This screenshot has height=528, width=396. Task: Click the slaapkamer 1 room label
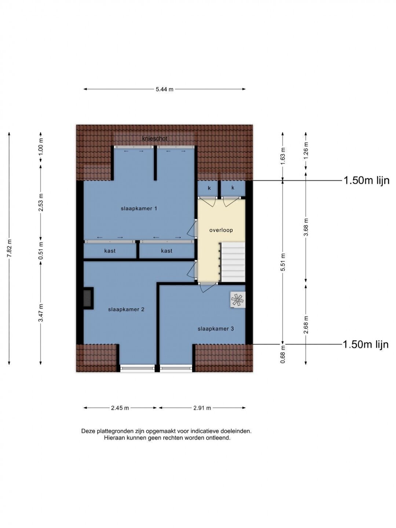tap(139, 209)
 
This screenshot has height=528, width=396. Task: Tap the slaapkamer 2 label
tap(126, 309)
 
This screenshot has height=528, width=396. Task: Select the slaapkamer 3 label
tap(216, 329)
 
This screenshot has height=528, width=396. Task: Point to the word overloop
tap(221, 230)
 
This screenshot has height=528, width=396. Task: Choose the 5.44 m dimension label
tap(165, 89)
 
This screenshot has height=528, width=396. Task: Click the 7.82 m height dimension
tap(9, 249)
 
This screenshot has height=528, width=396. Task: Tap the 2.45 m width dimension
tap(120, 408)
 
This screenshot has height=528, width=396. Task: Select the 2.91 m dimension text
tap(202, 408)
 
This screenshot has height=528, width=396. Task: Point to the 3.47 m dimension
tap(41, 313)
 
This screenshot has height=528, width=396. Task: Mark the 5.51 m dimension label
tap(283, 262)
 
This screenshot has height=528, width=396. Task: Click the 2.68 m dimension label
tap(306, 325)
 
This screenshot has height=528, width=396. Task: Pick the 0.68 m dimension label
tap(283, 354)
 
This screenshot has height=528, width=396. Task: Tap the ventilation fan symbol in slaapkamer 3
tap(238, 300)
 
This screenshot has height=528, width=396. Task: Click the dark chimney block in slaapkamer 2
tap(88, 298)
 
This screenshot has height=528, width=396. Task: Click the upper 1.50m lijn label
tap(366, 180)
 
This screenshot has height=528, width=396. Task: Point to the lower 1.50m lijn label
tap(366, 344)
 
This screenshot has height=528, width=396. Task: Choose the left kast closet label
tap(110, 251)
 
